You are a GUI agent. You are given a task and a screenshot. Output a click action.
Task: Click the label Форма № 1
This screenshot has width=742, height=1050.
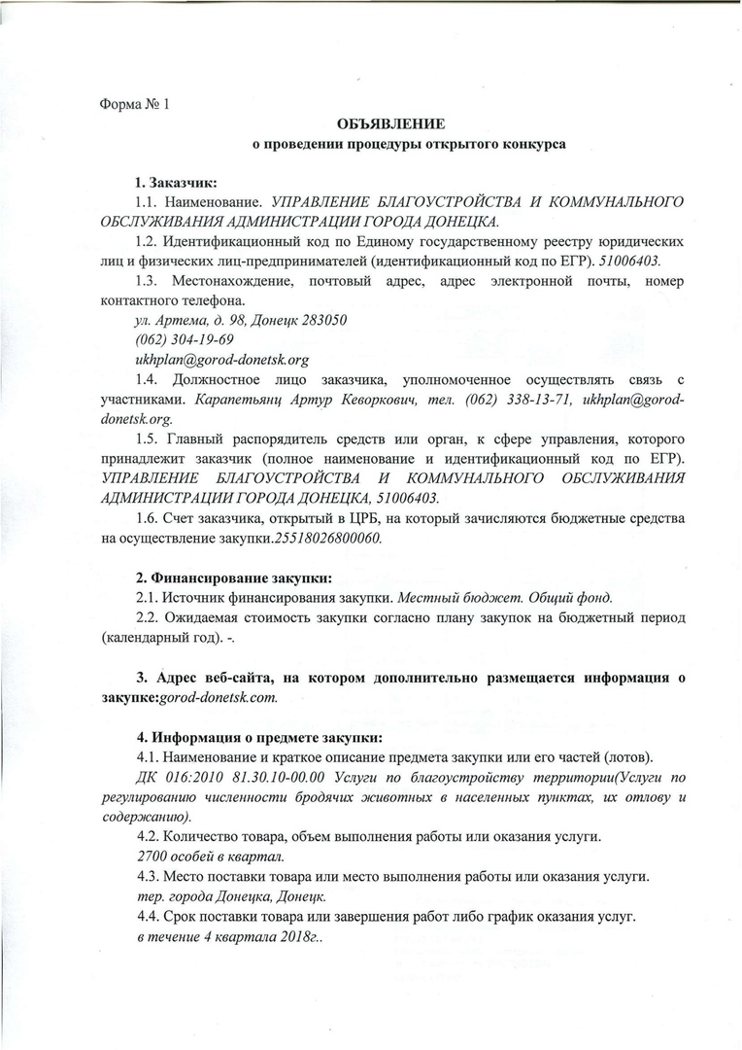pos(135,105)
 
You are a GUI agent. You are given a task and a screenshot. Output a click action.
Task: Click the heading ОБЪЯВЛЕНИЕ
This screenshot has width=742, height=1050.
pos(391,125)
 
